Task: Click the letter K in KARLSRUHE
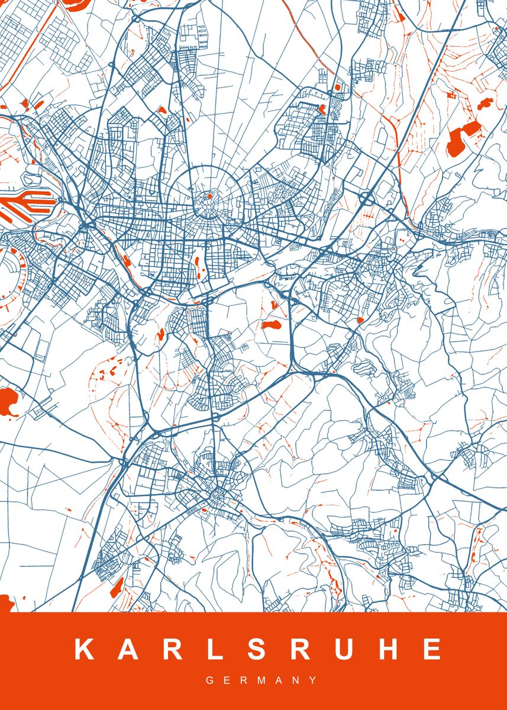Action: [x=84, y=650]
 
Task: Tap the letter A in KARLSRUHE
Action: [x=126, y=650]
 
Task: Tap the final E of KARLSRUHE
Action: [x=430, y=650]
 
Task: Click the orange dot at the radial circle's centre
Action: [x=209, y=195]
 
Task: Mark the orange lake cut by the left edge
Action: [x=7, y=402]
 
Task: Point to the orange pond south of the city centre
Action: [x=270, y=325]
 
